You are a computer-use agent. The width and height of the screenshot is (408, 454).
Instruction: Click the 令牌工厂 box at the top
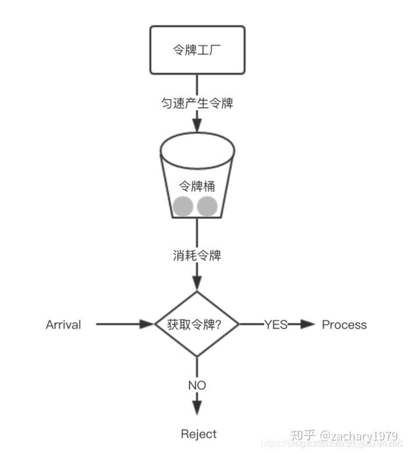[x=197, y=50]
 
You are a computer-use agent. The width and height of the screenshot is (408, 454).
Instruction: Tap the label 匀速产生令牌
[x=197, y=103]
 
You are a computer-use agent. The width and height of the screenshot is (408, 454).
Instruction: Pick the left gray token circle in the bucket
[x=183, y=206]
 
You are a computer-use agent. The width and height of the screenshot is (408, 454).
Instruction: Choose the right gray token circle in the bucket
[x=207, y=206]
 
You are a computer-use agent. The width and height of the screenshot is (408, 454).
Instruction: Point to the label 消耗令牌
[x=197, y=255]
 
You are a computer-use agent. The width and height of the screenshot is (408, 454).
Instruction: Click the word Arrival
[x=63, y=325]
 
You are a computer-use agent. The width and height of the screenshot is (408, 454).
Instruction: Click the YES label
[x=276, y=325]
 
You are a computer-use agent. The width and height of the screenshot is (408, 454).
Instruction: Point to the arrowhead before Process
[x=307, y=325]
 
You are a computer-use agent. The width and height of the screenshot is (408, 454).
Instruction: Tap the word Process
[x=344, y=325]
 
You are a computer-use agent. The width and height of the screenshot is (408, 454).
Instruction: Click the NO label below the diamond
[x=197, y=385]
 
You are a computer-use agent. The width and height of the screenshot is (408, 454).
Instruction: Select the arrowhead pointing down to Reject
[x=197, y=407]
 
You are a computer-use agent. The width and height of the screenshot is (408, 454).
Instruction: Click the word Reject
[x=199, y=434]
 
